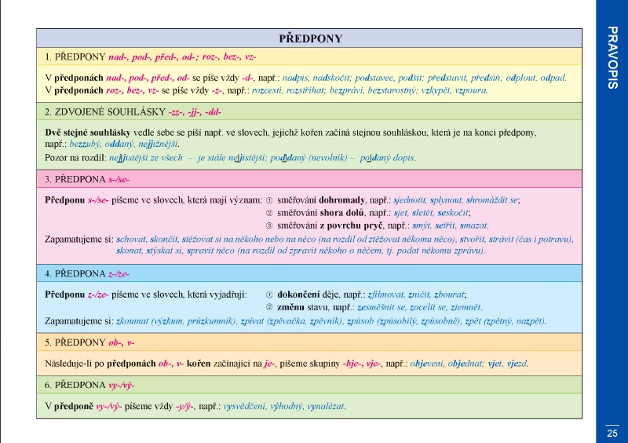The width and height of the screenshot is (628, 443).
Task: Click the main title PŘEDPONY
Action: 310,38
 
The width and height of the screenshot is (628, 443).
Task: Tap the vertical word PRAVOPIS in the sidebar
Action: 612,57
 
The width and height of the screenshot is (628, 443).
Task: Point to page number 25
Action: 612,433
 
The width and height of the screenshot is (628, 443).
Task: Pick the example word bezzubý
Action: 85,144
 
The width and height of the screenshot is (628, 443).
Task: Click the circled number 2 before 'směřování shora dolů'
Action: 269,213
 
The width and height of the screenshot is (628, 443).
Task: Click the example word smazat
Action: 473,225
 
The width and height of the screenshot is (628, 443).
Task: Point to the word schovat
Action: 131,240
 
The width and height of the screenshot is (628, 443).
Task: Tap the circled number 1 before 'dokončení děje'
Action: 269,295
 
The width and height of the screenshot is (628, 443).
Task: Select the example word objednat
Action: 466,364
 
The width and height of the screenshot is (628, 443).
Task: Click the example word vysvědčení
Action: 244,407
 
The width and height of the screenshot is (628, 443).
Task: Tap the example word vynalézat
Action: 325,407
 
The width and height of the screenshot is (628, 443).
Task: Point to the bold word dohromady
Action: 341,200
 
